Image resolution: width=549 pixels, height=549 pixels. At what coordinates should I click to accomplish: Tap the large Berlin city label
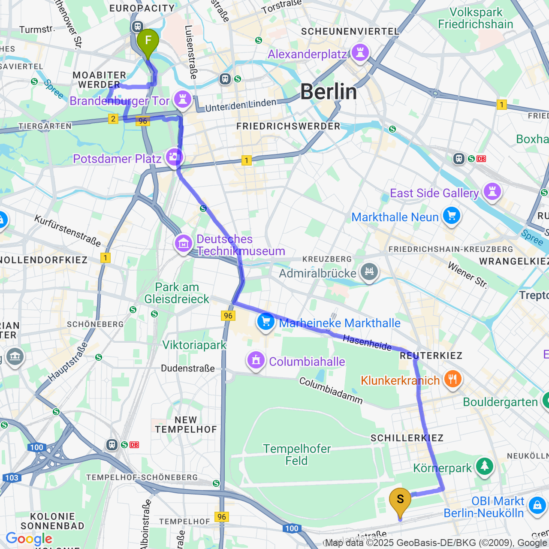pyautogui.click(x=329, y=92)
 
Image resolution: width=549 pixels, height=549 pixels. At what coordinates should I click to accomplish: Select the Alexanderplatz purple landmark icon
pyautogui.click(x=360, y=53)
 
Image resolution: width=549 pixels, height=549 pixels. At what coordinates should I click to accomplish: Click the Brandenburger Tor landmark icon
pyautogui.click(x=183, y=100)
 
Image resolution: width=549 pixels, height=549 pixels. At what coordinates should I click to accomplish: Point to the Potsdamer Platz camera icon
pyautogui.click(x=174, y=157)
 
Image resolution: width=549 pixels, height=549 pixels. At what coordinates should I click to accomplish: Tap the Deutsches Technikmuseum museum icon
pyautogui.click(x=183, y=244)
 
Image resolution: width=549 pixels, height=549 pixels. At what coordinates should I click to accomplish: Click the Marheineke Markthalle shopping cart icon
pyautogui.click(x=265, y=322)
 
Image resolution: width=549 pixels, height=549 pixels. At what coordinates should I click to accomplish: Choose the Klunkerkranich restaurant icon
pyautogui.click(x=452, y=380)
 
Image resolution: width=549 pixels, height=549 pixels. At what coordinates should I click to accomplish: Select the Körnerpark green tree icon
pyautogui.click(x=485, y=467)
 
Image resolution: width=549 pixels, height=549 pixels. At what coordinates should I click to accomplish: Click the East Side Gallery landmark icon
pyautogui.click(x=492, y=192)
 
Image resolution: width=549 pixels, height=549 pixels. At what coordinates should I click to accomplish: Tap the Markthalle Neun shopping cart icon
pyautogui.click(x=451, y=216)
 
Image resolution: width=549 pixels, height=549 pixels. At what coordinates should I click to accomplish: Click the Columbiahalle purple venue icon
pyautogui.click(x=256, y=361)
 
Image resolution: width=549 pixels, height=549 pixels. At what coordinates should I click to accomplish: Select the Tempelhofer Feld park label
pyautogui.click(x=297, y=455)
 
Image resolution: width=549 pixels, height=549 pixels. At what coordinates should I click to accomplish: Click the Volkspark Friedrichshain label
pyautogui.click(x=475, y=18)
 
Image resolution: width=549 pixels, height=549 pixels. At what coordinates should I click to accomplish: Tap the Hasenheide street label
pyautogui.click(x=367, y=342)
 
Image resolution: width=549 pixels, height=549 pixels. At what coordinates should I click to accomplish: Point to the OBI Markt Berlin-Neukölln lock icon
pyautogui.click(x=537, y=506)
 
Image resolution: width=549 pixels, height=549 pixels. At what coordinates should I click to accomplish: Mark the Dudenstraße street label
pyautogui.click(x=188, y=368)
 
